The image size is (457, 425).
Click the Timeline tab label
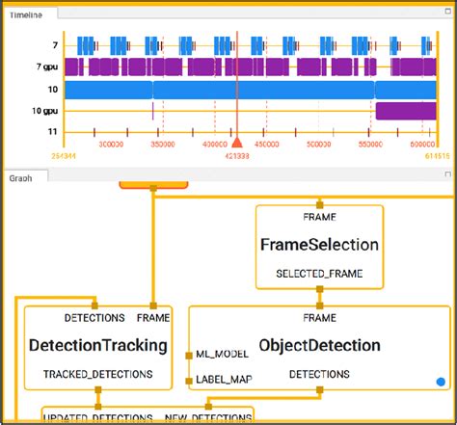[28, 15]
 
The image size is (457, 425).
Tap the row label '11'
[52, 131]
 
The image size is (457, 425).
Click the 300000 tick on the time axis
[111, 144]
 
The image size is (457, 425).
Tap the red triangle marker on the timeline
[236, 141]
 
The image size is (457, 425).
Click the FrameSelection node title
[319, 245]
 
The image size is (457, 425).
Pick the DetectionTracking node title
[98, 345]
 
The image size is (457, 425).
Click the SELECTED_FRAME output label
[319, 274]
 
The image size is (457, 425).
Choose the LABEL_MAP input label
[224, 379]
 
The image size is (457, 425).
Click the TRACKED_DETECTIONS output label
[98, 373]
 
